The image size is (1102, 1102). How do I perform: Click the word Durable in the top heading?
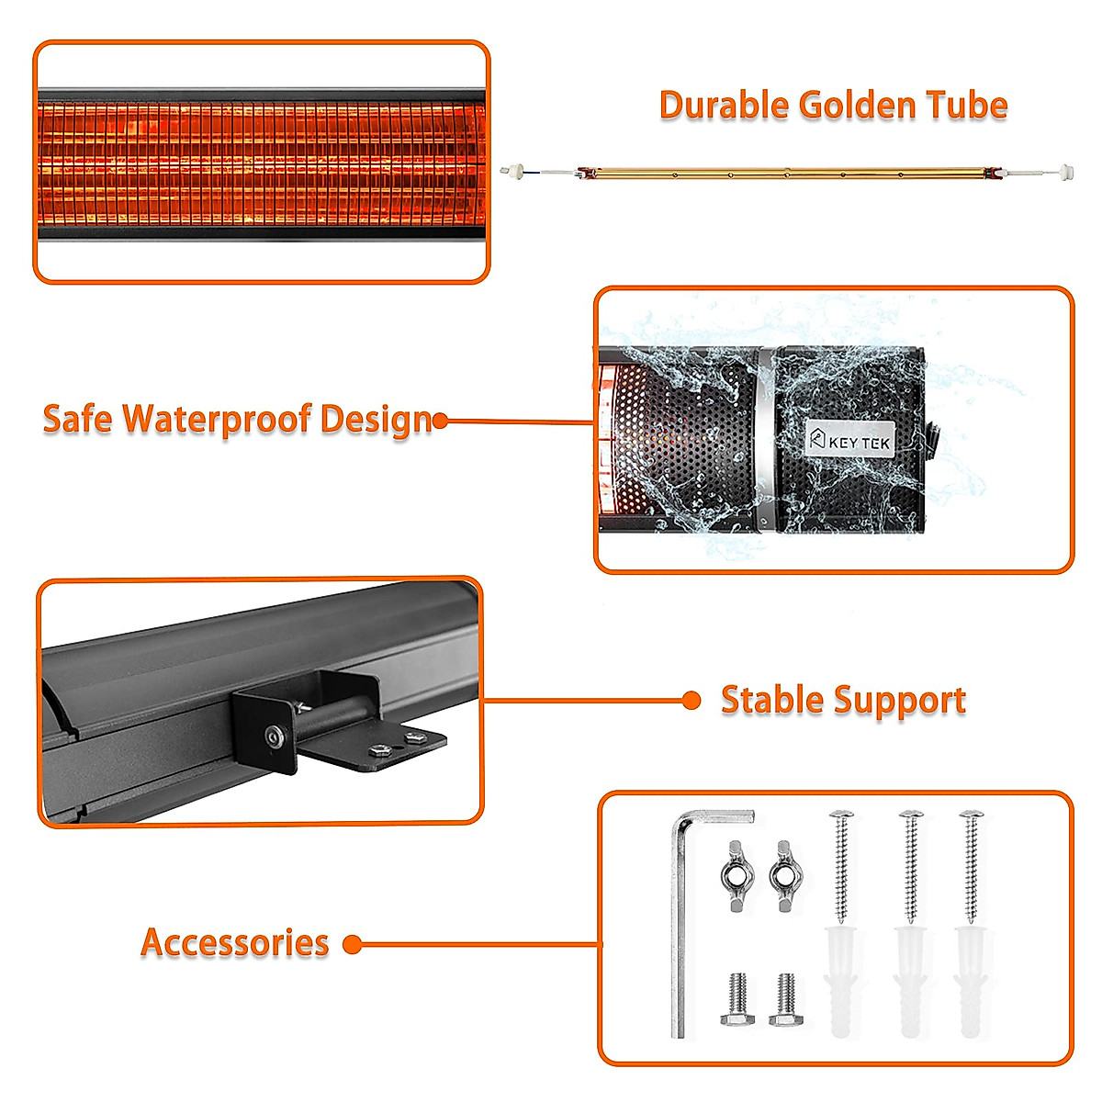click(x=724, y=106)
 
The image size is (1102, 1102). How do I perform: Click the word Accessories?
click(x=235, y=943)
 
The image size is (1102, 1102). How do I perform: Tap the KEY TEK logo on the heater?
click(x=849, y=441)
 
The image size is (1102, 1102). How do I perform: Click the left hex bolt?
click(x=737, y=999)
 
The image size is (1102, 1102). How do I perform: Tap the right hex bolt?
click(x=785, y=999)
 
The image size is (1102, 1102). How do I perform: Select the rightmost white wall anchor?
click(x=970, y=978)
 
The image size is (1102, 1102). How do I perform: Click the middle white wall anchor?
click(x=909, y=978)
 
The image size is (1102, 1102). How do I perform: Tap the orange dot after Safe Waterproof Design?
click(x=440, y=422)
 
